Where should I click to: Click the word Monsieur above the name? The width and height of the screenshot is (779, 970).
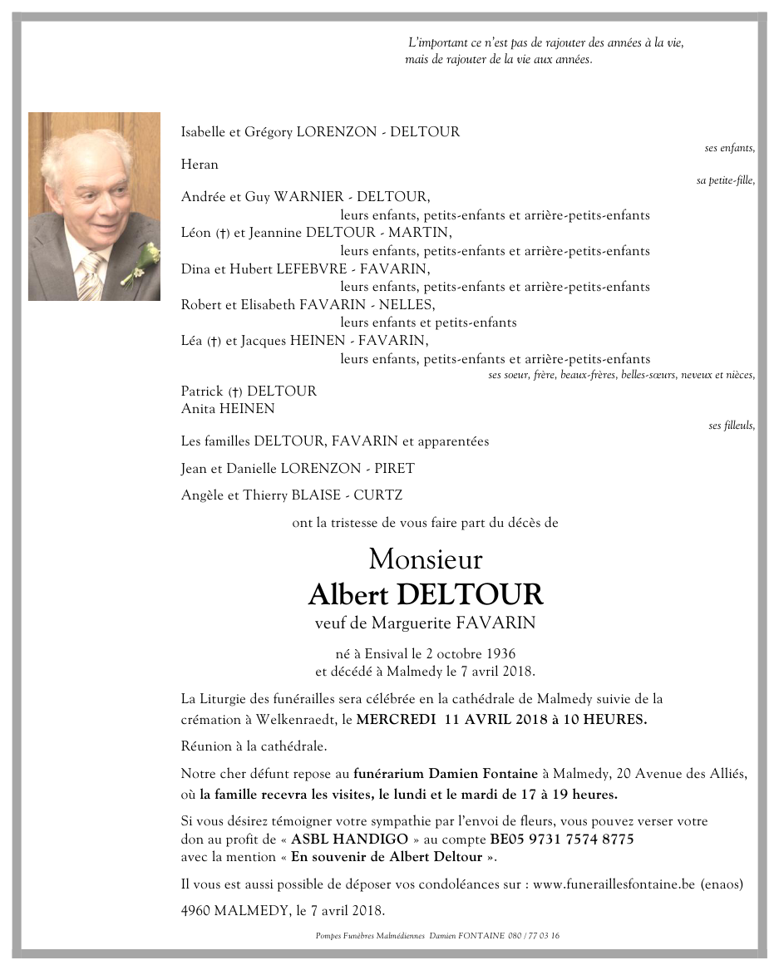coord(425,559)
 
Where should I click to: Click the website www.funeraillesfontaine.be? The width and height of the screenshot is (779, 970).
coord(613,884)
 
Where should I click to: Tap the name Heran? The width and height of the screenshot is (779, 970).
coord(200,165)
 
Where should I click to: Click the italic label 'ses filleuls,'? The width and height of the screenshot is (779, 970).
coord(732,426)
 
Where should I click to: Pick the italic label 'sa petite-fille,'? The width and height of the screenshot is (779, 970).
coord(725,180)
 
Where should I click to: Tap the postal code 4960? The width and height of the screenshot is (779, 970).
coord(195,910)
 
